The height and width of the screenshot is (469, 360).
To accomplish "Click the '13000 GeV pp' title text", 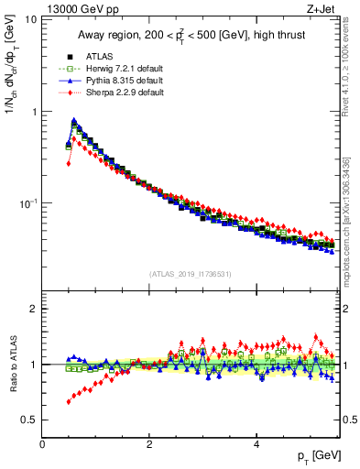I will (x=76, y=8).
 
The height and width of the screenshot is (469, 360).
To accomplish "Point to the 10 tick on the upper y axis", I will (x=30, y=20).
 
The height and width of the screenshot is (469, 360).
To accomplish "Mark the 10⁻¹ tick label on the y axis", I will (x=27, y=202).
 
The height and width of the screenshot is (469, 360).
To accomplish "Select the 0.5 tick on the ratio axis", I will (x=28, y=420).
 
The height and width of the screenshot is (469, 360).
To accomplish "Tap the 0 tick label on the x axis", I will (x=42, y=445).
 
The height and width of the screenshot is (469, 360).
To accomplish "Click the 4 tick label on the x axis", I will (x=256, y=445).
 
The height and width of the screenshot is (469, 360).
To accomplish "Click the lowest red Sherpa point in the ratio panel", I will (x=69, y=401).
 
